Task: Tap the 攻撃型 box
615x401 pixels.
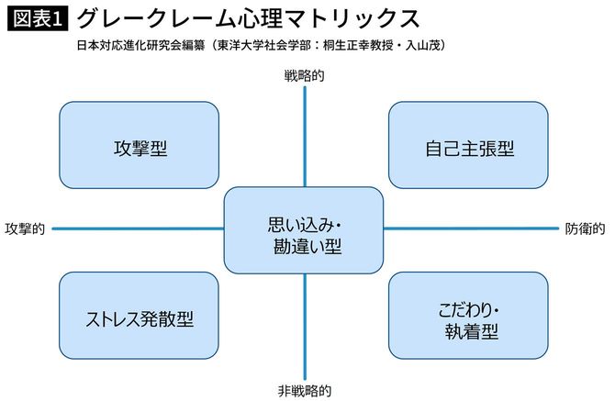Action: click(139, 146)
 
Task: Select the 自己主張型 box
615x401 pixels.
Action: click(468, 146)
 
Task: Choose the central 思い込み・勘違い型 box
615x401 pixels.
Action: click(304, 230)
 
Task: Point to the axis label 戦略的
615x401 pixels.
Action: click(304, 78)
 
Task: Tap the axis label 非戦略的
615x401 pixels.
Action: click(304, 390)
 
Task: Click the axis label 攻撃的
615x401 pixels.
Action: click(26, 228)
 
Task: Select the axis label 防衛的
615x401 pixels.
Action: click(585, 228)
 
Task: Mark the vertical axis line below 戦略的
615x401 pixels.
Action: click(304, 138)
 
